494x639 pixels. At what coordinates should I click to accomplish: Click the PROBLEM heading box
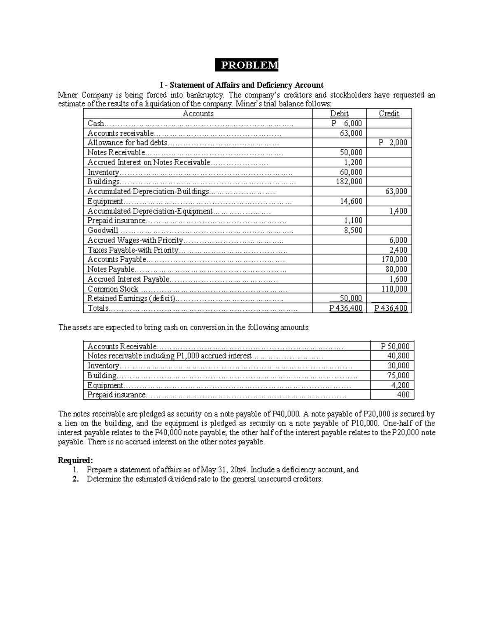point(247,65)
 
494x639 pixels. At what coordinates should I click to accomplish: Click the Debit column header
point(339,114)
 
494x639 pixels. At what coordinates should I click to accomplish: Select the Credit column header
point(389,114)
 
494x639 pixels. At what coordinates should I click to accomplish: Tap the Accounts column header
point(198,114)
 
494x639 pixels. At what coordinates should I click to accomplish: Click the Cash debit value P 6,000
point(347,123)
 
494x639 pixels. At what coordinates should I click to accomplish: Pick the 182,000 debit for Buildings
point(350,181)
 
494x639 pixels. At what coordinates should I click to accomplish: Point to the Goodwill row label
point(103,230)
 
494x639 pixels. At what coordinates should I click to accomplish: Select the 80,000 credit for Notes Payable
point(396,269)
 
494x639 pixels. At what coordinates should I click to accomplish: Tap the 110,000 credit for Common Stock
point(394,289)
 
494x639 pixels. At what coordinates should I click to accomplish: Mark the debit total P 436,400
point(346,308)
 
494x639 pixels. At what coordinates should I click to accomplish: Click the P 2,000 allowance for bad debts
point(393,143)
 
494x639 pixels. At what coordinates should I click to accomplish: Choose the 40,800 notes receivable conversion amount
point(398,356)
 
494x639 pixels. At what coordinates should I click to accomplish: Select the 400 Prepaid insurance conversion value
point(403,395)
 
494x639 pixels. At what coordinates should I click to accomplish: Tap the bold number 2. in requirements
point(75,479)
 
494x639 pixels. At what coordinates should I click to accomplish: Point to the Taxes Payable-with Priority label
point(133,250)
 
